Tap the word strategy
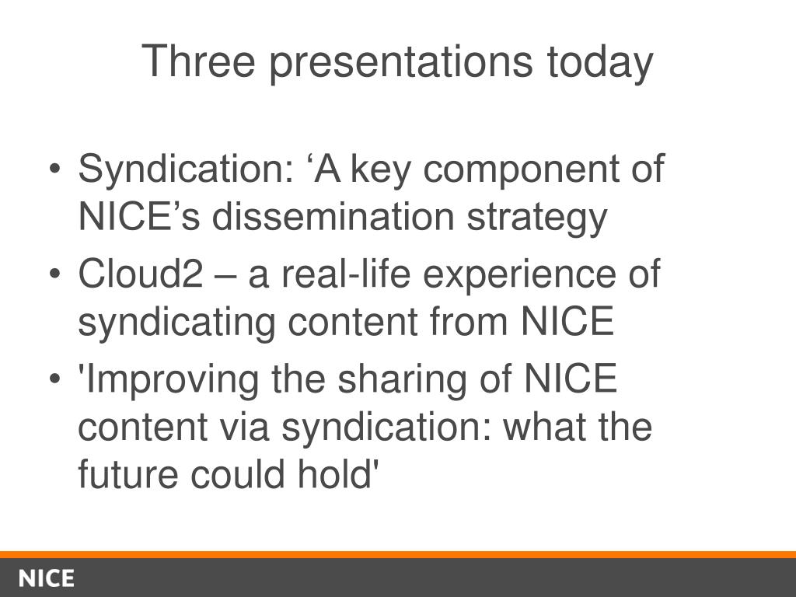536,218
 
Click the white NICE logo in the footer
47,579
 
